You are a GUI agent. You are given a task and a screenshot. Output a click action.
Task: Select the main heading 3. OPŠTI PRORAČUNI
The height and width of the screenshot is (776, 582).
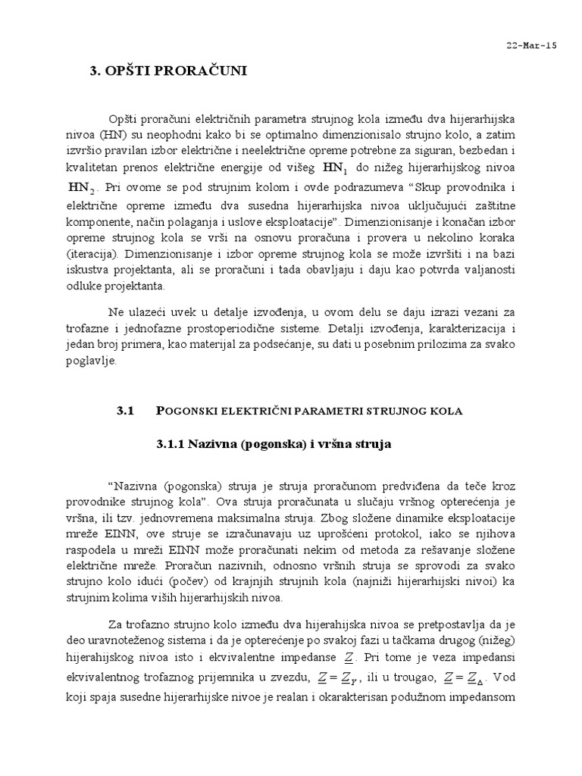[168, 72]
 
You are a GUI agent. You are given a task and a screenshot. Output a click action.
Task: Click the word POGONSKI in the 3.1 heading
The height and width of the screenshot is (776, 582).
[186, 411]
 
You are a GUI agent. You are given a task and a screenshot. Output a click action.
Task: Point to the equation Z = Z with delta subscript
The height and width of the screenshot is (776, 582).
[457, 675]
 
